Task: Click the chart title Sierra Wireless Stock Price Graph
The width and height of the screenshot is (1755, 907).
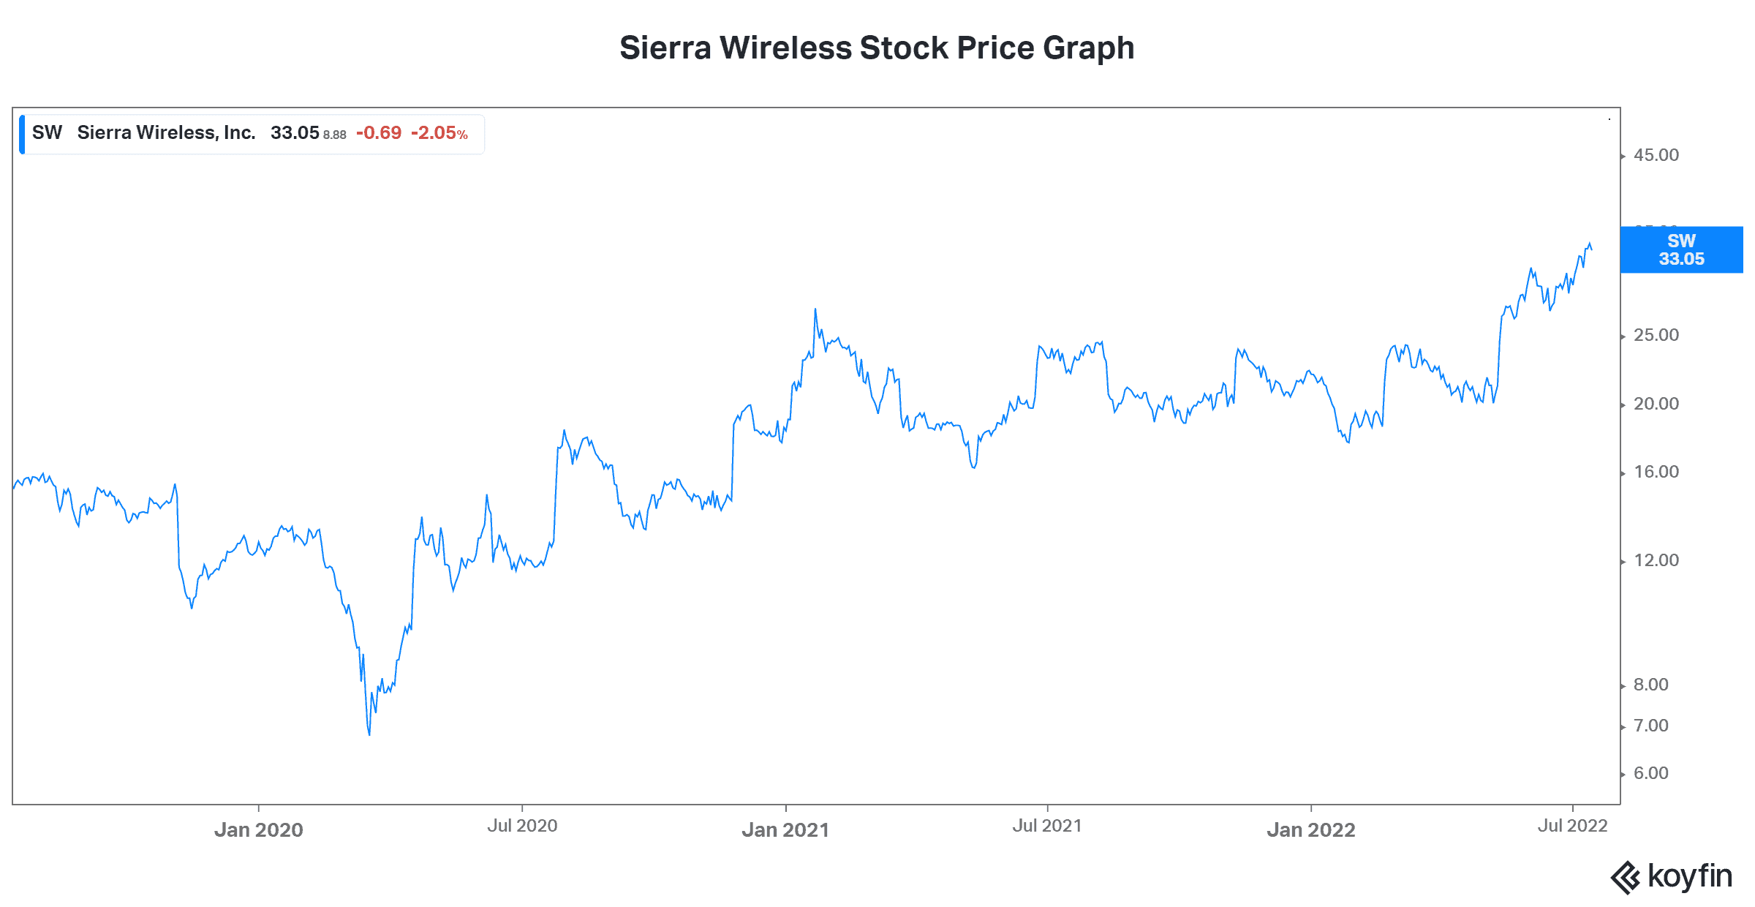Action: point(877,48)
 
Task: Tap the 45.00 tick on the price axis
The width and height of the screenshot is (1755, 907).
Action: point(1656,155)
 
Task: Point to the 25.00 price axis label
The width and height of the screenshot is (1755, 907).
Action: point(1656,335)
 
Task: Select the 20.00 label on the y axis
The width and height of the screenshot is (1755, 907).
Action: point(1656,404)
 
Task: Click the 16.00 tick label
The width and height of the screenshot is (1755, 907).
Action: point(1656,472)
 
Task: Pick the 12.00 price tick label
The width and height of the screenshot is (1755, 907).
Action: point(1656,560)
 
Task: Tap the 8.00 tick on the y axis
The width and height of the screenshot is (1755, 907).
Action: point(1651,685)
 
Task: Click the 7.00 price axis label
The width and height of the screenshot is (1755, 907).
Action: point(1651,726)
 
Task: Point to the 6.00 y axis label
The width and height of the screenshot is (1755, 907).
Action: point(1651,773)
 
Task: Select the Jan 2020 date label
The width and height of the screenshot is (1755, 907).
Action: point(258,829)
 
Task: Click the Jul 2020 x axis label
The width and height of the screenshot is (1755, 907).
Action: point(522,826)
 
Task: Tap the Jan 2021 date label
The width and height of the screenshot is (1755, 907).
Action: point(785,829)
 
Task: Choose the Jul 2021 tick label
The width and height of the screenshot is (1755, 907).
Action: point(1047,826)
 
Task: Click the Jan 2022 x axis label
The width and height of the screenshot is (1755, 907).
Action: point(1311,829)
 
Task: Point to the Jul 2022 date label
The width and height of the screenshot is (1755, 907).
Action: point(1572,826)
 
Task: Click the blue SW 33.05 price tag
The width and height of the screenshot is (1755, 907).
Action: point(1681,249)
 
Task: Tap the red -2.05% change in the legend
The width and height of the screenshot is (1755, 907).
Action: point(439,133)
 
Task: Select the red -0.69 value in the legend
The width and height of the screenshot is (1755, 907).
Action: point(379,133)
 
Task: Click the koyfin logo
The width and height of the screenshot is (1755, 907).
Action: point(1671,876)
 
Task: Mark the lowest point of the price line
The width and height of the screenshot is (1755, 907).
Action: point(369,734)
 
